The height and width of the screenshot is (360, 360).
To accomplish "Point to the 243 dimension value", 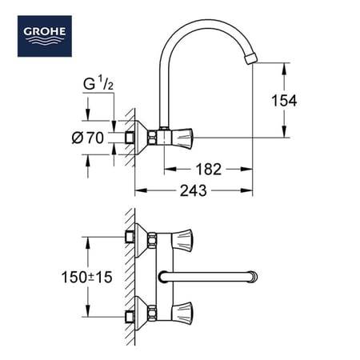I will click(193, 190).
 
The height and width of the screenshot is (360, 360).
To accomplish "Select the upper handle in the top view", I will click(181, 236).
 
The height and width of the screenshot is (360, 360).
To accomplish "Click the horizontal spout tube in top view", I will click(208, 278).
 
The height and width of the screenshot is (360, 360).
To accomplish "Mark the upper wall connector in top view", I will click(131, 236).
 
